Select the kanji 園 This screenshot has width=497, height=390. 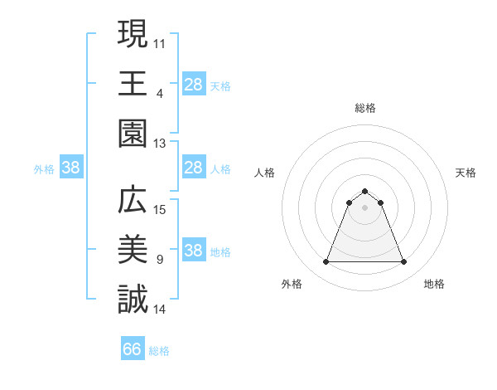pyautogui.click(x=133, y=133)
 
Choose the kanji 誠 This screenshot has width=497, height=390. pyautogui.click(x=133, y=300)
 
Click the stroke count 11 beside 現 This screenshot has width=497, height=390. pyautogui.click(x=160, y=42)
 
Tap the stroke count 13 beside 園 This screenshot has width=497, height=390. pyautogui.click(x=160, y=144)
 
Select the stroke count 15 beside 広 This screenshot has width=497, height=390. pyautogui.click(x=160, y=209)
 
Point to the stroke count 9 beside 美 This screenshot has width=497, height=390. pyautogui.click(x=160, y=260)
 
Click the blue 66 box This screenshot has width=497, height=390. pyautogui.click(x=133, y=349)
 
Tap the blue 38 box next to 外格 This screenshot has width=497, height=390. pyautogui.click(x=70, y=168)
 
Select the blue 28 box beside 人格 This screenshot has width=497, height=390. pyautogui.click(x=193, y=168)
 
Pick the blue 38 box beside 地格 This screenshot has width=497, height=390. pyautogui.click(x=193, y=251)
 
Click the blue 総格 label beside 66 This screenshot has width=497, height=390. pyautogui.click(x=159, y=350)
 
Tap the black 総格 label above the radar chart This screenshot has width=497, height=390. pyautogui.click(x=365, y=108)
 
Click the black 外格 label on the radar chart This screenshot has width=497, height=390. pyautogui.click(x=292, y=284)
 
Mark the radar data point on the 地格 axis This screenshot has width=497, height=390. pyautogui.click(x=404, y=262)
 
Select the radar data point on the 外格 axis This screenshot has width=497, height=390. pyautogui.click(x=326, y=262)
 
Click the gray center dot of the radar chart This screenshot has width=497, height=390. pyautogui.click(x=365, y=207)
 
